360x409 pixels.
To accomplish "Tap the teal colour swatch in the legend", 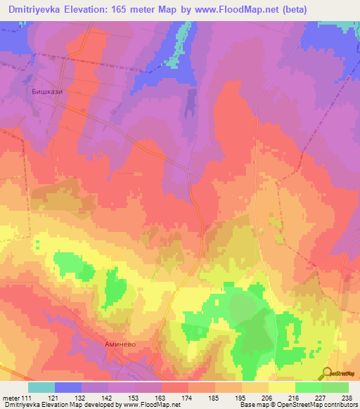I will coord(41,387).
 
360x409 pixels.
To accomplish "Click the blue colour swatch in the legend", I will coord(67,387).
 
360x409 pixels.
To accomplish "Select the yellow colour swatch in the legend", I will coord(281,387).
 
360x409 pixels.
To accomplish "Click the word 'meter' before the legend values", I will coord(10,398).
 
